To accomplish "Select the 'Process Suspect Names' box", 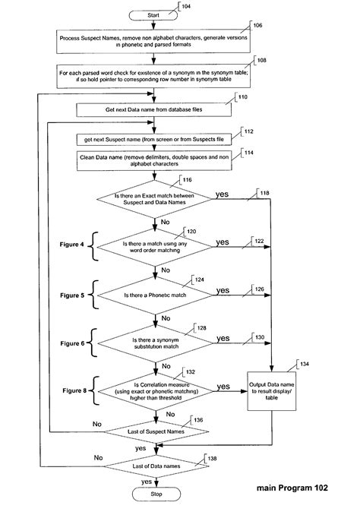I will pos(155,41).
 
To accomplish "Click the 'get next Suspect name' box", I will pos(155,141).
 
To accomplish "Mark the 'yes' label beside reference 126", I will pos(223,290).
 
